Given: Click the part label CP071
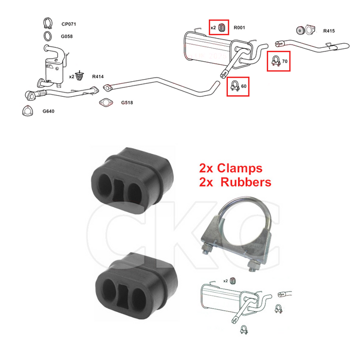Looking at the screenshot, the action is [68, 24].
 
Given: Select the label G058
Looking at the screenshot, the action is [67, 37].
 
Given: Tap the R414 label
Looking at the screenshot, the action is [98, 77].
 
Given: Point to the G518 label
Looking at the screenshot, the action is [127, 102].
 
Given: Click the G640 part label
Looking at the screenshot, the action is [48, 111].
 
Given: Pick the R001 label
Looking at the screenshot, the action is [239, 28].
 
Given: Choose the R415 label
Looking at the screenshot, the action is [329, 31].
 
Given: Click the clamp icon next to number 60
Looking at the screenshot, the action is [235, 86].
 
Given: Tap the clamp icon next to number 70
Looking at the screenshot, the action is [276, 61].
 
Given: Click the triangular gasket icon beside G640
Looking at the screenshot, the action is [28, 111].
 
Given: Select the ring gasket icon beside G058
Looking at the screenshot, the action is [47, 36].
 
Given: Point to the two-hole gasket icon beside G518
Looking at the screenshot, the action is [106, 102].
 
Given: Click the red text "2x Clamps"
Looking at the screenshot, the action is [231, 168].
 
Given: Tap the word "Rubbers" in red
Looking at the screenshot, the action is [246, 182].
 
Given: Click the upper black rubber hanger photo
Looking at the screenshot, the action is [132, 180].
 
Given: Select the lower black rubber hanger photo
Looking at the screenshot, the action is [136, 285].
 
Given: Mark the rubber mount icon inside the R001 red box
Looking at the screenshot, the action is [221, 28].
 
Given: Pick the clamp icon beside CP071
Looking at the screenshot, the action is [47, 23].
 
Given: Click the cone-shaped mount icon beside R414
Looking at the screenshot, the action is [79, 76].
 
